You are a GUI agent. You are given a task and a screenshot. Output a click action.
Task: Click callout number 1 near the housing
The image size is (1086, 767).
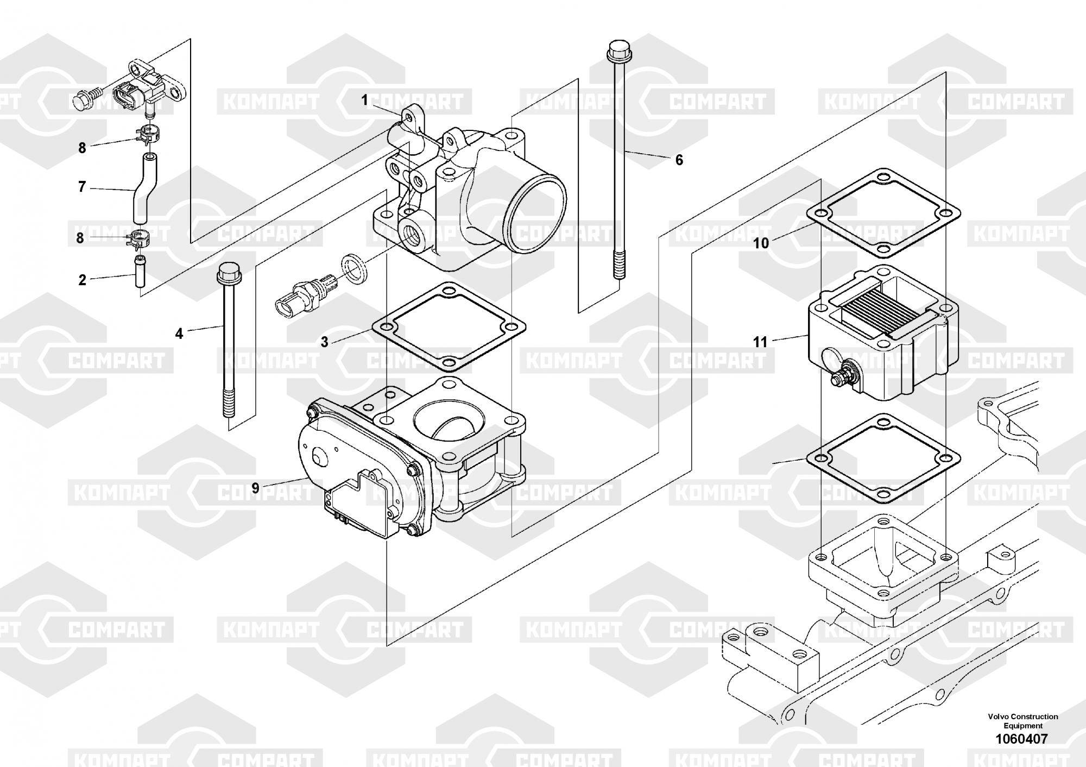pos(365,100)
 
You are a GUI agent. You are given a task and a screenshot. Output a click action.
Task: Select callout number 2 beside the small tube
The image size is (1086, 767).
pos(82,280)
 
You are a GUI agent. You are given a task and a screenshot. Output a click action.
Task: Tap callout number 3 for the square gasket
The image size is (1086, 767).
pos(325,342)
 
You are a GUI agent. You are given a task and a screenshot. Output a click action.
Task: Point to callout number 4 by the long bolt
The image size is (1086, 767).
pos(179,333)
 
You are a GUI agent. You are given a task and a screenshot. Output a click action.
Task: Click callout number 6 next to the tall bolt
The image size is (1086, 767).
pos(679,160)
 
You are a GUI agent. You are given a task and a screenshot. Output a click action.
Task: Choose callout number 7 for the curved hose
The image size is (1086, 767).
pos(82,187)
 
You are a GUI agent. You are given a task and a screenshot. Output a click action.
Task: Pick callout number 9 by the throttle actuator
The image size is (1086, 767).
pos(255,488)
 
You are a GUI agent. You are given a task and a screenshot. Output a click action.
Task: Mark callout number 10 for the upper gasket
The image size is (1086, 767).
pos(761,243)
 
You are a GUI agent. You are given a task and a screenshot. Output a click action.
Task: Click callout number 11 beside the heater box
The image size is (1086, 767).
pos(760,342)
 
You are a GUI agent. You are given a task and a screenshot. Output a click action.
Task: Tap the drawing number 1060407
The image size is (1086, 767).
pos(1021,739)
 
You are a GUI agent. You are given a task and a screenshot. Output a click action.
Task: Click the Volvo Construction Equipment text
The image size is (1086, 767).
pos(1022,721)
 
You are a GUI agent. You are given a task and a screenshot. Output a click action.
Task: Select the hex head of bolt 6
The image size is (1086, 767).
pos(615,50)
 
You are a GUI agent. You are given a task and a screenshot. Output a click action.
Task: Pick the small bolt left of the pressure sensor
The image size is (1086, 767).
pos(84,100)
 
